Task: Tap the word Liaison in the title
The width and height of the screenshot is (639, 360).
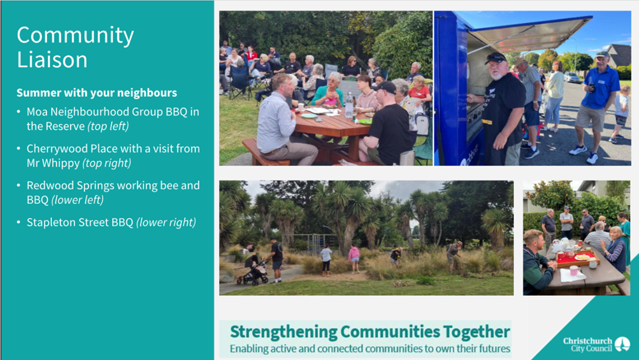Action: [x=52, y=59]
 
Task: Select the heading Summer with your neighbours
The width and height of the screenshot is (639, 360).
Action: [x=97, y=93]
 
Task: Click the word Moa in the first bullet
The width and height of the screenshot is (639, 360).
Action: [x=37, y=112]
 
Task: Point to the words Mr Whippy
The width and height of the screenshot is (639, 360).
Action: [x=53, y=164]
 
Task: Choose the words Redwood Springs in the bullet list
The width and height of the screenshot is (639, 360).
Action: [x=68, y=186]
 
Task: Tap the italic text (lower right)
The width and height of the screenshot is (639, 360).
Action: [x=166, y=222]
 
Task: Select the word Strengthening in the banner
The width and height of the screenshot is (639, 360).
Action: [x=284, y=332]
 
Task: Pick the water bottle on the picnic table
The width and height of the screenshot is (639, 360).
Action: [x=349, y=105]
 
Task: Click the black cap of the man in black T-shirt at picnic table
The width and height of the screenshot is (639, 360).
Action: [x=384, y=87]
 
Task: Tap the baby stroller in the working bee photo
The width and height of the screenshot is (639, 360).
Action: [x=253, y=270]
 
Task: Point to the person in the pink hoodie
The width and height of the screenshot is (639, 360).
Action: [x=354, y=259]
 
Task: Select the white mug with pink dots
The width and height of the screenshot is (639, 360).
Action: [x=575, y=270]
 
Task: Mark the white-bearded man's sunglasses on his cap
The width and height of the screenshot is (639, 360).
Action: [x=496, y=57]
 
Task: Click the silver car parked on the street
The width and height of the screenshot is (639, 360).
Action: [x=571, y=78]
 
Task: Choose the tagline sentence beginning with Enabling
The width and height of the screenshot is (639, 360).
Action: [x=370, y=349]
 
